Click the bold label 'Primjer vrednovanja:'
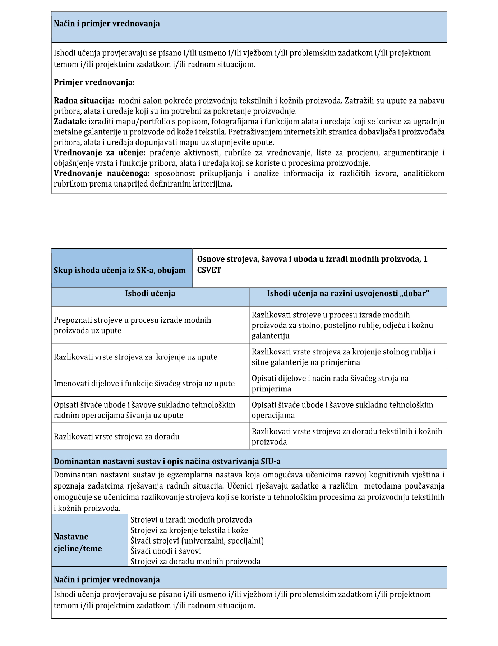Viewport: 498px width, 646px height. click(94, 83)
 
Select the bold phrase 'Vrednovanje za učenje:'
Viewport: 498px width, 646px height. click(100, 153)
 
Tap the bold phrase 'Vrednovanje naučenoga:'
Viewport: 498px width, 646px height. click(102, 174)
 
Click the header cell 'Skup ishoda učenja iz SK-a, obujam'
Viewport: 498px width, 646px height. click(120, 270)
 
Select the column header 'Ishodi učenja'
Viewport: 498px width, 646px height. click(150, 294)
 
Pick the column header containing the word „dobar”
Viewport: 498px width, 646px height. click(348, 294)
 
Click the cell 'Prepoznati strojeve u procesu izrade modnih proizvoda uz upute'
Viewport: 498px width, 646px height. click(133, 325)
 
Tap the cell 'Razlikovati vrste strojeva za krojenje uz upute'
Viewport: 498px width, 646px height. click(135, 357)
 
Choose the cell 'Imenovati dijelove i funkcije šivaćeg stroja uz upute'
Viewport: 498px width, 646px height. click(144, 384)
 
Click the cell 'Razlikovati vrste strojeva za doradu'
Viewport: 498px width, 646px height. click(116, 437)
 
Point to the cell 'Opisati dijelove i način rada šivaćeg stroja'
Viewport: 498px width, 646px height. click(330, 384)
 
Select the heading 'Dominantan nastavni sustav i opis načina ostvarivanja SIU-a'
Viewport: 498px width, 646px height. click(167, 462)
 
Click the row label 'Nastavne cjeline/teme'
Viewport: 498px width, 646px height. click(78, 542)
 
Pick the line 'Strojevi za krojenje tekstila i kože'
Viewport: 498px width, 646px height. click(189, 530)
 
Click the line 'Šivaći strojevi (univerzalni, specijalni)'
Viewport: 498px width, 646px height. click(197, 541)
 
